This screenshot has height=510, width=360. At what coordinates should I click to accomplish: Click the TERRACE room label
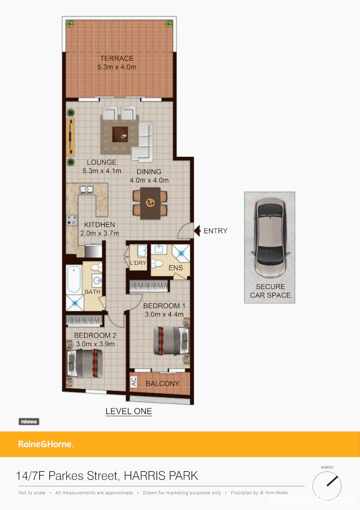pyautogui.click(x=117, y=59)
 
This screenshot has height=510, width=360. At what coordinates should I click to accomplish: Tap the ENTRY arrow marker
pyautogui.click(x=198, y=231)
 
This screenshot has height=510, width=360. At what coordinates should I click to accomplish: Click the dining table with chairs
pyautogui.click(x=150, y=203)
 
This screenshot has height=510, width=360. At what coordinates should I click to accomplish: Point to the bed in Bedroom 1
pyautogui.click(x=171, y=340)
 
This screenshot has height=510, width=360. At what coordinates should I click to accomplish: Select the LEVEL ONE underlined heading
pyautogui.click(x=128, y=411)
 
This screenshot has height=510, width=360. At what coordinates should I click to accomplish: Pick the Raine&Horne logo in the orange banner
pyautogui.click(x=45, y=444)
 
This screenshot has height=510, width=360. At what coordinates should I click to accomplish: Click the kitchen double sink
pyautogui.click(x=87, y=189)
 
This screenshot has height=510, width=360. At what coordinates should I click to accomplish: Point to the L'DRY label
pyautogui.click(x=138, y=263)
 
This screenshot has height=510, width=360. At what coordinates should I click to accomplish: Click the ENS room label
pyautogui.click(x=175, y=268)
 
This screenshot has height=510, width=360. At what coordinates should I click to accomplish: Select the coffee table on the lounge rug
pyautogui.click(x=120, y=134)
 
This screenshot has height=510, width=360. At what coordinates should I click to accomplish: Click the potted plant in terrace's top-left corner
pyautogui.click(x=70, y=23)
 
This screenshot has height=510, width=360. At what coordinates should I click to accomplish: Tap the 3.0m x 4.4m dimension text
pyautogui.click(x=163, y=314)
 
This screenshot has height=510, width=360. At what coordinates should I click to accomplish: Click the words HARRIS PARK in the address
pyautogui.click(x=161, y=475)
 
